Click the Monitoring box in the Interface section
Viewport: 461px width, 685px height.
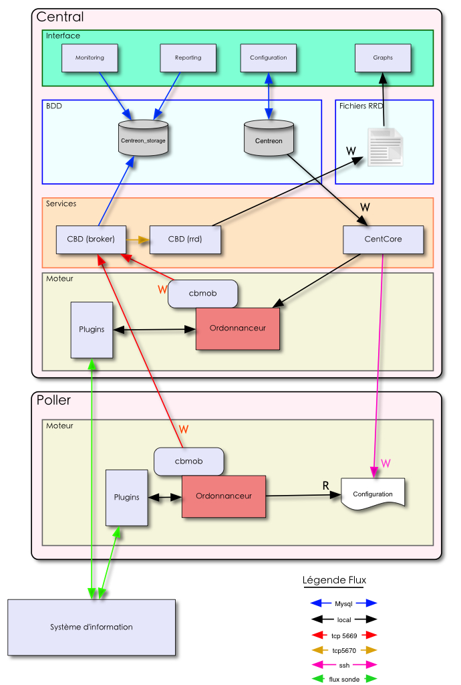click(x=90, y=58)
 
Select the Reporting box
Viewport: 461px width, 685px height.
click(x=188, y=58)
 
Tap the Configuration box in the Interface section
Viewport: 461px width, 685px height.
click(x=268, y=58)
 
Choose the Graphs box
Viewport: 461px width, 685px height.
click(x=383, y=58)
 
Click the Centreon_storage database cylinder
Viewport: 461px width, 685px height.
click(x=143, y=138)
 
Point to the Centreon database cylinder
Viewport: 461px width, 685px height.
click(x=269, y=139)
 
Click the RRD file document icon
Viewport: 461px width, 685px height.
click(x=385, y=147)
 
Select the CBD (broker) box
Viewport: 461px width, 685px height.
click(x=91, y=239)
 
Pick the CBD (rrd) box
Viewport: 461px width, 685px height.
click(x=185, y=239)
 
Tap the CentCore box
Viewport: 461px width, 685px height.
click(x=383, y=239)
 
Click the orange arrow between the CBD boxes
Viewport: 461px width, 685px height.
click(x=138, y=239)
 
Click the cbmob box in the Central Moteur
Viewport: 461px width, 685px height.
click(x=202, y=294)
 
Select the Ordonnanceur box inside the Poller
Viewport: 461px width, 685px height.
click(x=224, y=496)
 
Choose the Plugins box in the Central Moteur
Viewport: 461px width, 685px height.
click(x=92, y=330)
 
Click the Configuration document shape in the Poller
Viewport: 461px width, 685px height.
click(x=373, y=494)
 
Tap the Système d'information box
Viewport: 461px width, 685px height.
click(x=92, y=627)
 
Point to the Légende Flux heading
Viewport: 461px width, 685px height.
click(x=334, y=580)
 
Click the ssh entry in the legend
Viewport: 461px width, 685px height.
click(x=344, y=665)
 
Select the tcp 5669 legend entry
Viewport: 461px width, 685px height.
click(x=344, y=635)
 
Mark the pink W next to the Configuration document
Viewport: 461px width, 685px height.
click(x=386, y=463)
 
